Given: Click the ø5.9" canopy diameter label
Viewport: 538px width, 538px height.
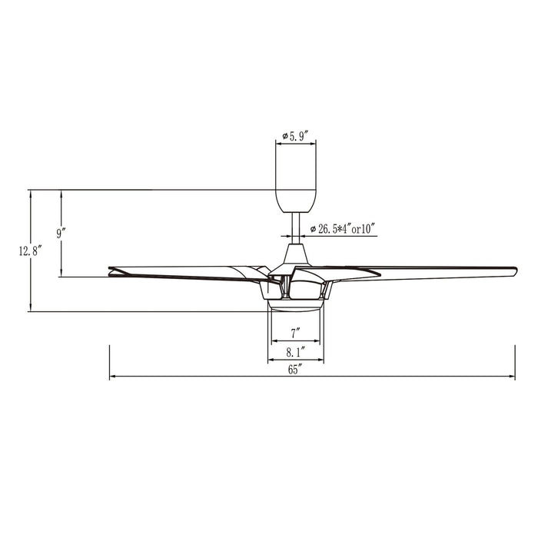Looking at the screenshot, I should pyautogui.click(x=296, y=136).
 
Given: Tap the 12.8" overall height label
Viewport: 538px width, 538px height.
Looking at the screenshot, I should pyautogui.click(x=28, y=250).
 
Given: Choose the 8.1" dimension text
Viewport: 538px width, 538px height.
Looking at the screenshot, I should pyautogui.click(x=296, y=352).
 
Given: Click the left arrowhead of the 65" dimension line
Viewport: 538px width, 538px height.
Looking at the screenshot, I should pyautogui.click(x=112, y=377).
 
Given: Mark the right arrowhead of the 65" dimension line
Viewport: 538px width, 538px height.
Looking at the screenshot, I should pyautogui.click(x=513, y=377).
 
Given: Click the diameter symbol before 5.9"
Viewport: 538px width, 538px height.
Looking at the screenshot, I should pyautogui.click(x=284, y=136).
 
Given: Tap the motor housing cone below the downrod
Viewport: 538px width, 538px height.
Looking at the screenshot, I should pyautogui.click(x=296, y=254).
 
